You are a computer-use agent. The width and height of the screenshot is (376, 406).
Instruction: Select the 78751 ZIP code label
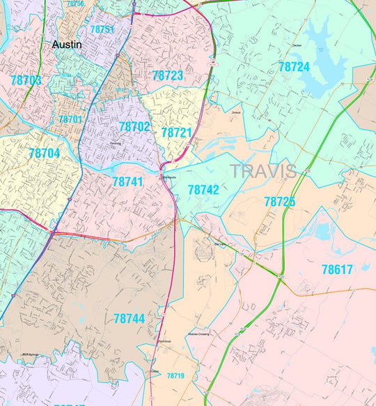click(x=98, y=29)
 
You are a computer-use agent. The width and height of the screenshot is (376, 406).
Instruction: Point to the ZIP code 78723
click(x=167, y=75)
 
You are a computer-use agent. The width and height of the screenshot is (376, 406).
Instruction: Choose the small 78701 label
click(x=70, y=120)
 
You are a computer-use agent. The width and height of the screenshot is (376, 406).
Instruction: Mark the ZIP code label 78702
click(x=134, y=127)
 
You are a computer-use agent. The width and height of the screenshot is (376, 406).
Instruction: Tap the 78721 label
click(x=176, y=132)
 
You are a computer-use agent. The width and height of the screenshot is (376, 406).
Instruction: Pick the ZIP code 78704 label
click(x=45, y=153)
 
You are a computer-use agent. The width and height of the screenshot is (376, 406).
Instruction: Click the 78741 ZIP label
click(x=127, y=181)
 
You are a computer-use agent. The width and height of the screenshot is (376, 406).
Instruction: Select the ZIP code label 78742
click(x=203, y=189)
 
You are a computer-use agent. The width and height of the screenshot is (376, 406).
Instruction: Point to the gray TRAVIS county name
click(x=263, y=171)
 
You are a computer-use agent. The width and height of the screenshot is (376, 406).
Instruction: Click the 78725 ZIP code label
click(x=279, y=202)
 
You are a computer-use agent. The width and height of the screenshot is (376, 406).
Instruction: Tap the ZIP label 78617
click(x=337, y=268)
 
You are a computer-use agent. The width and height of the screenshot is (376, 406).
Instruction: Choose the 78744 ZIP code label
click(x=129, y=318)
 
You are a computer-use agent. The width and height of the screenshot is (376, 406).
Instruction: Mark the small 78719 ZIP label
click(x=175, y=376)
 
